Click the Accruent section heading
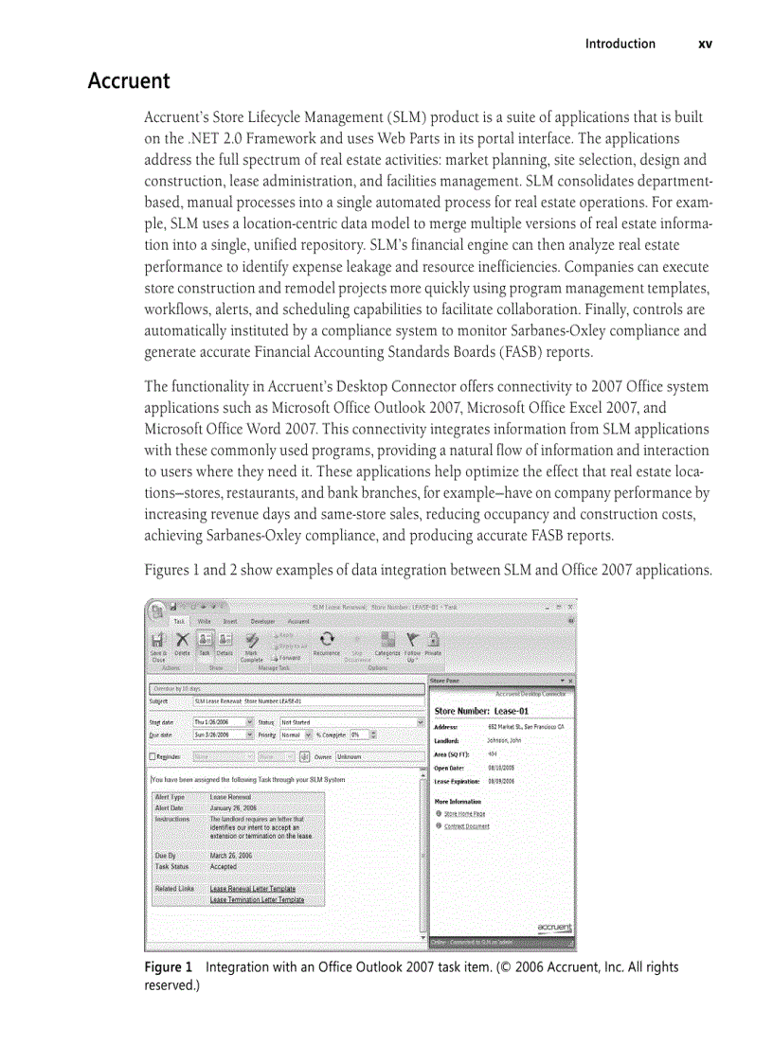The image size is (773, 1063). point(129,81)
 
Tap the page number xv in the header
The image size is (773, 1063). point(705,44)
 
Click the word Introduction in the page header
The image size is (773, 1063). point(620,44)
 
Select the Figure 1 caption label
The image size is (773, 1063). point(168,967)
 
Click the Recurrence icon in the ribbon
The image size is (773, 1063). point(326,644)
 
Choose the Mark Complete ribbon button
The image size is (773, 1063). point(252,646)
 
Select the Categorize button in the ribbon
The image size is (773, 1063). point(387,644)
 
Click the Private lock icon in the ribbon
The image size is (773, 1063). point(433,644)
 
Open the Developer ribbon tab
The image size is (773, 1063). point(262,621)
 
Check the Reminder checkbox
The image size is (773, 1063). point(153,756)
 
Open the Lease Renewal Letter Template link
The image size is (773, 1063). point(252,889)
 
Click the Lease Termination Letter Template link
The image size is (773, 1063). point(257,899)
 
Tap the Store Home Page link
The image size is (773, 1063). point(464,813)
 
